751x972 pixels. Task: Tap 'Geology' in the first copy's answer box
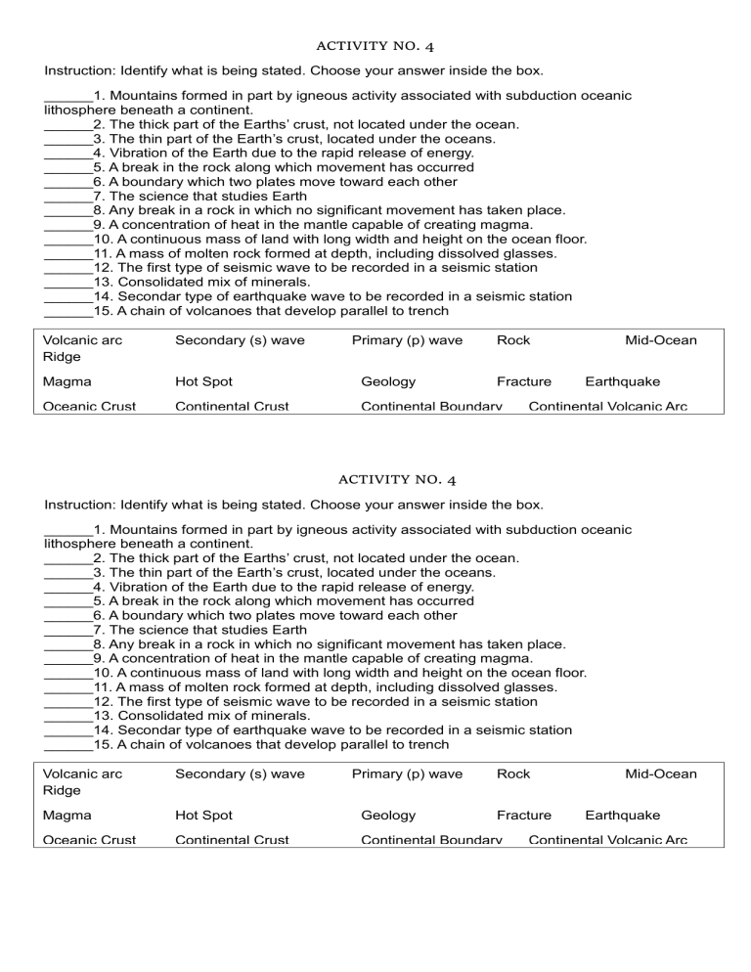coord(388,381)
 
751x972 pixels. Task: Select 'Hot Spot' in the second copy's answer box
coord(203,815)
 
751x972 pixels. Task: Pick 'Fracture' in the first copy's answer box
coord(523,381)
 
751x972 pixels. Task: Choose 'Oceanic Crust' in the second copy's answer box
coord(90,840)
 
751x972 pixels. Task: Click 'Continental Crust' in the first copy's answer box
coord(232,406)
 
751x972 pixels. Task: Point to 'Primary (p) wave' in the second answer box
coord(407,773)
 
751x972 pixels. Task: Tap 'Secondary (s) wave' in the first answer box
coord(240,340)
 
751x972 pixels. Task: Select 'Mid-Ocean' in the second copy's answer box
coord(661,773)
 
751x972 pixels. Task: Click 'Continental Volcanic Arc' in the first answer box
coord(607,406)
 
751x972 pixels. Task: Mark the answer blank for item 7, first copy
coord(67,196)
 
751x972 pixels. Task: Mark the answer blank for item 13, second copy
coord(67,716)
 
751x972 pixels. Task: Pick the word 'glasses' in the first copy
coord(530,253)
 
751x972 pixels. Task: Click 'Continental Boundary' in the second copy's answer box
coord(431,840)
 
